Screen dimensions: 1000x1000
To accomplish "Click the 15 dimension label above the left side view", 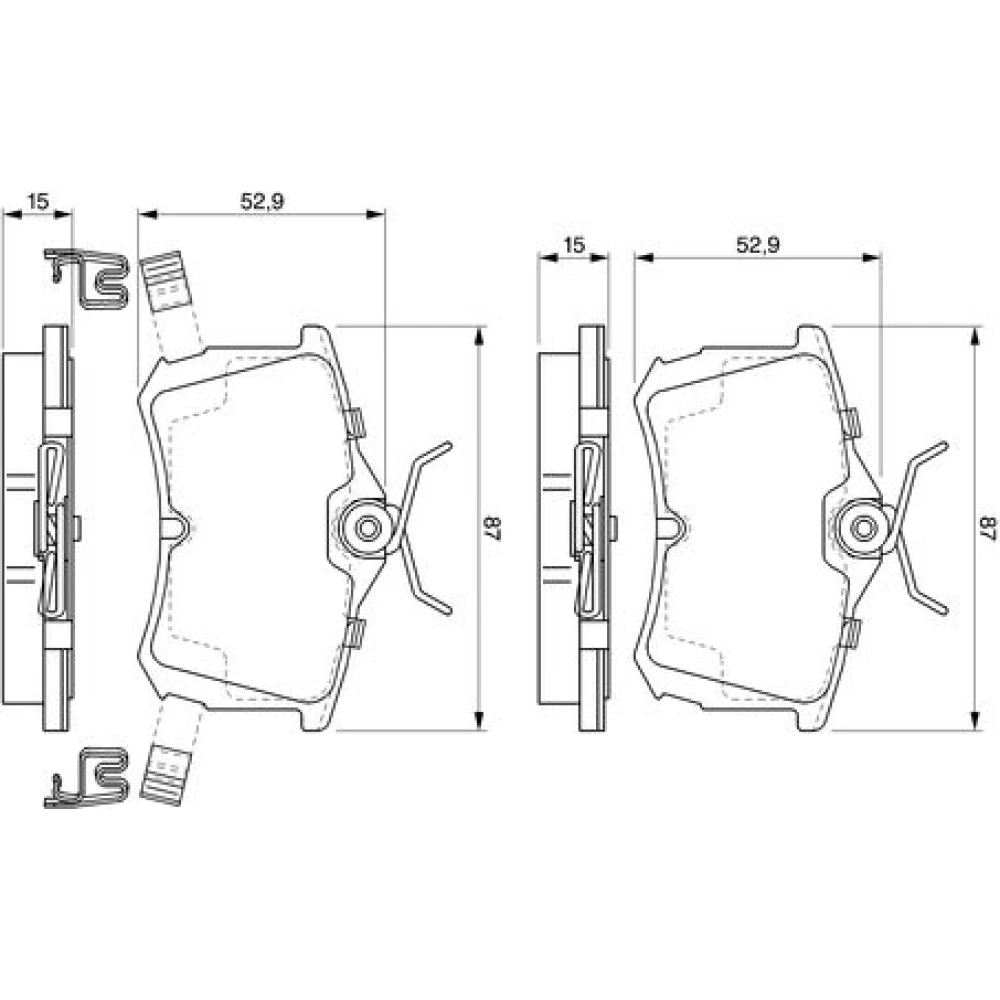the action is click(38, 202).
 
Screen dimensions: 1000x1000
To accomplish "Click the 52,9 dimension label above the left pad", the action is click(261, 202).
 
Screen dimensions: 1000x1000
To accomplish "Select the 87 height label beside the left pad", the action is click(496, 528).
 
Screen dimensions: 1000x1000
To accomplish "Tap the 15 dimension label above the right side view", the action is click(574, 245).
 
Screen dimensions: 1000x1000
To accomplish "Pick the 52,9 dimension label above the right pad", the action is click(758, 245).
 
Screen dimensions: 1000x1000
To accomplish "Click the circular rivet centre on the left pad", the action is click(367, 528).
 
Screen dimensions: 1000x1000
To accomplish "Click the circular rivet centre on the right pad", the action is click(863, 528).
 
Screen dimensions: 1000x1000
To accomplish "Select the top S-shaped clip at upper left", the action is click(87, 278).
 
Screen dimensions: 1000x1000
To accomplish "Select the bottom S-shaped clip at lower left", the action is click(87, 778).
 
